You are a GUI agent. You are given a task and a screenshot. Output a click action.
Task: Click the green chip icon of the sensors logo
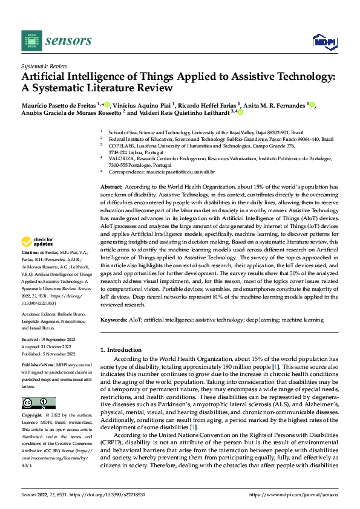(31, 41)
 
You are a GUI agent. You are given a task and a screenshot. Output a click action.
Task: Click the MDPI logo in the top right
(324, 41)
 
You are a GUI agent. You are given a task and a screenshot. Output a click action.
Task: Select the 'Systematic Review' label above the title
(43, 66)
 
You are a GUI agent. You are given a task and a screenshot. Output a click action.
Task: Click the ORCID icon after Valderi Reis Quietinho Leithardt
(240, 112)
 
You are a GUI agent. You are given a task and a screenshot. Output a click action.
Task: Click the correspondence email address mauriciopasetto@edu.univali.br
(177, 172)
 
